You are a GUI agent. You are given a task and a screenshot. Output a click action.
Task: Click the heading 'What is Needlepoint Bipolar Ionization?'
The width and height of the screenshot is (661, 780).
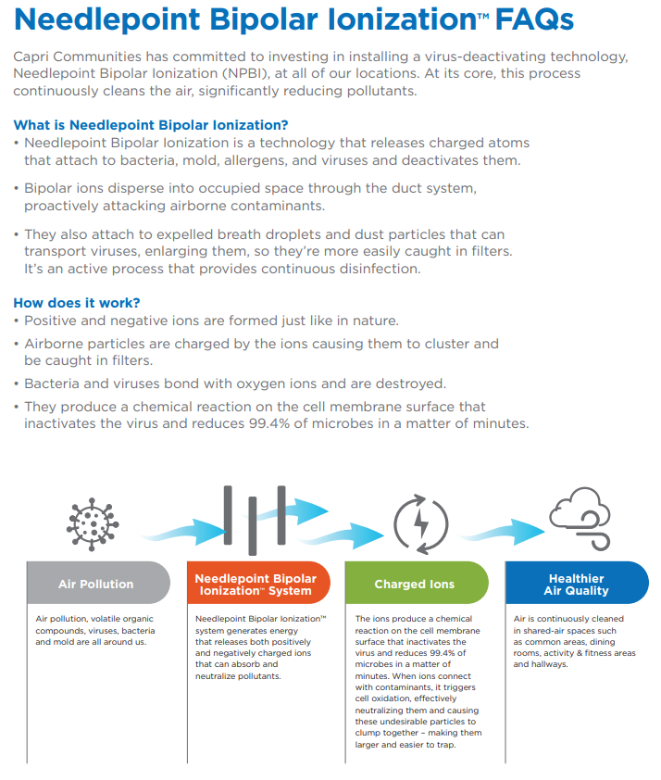click(x=151, y=125)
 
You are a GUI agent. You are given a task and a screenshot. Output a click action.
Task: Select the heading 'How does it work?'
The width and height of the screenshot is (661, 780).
click(x=77, y=303)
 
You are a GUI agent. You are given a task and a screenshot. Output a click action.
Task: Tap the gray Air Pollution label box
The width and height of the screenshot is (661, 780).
click(x=96, y=584)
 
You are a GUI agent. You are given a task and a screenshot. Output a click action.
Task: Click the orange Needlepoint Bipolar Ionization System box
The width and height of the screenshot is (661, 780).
click(x=256, y=584)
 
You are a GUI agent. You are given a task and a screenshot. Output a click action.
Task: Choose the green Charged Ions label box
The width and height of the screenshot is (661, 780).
click(x=414, y=584)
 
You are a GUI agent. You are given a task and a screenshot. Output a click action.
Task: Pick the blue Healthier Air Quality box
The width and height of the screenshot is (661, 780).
click(x=575, y=584)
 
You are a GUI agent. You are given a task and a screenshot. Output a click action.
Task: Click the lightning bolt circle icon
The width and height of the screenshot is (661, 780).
click(x=420, y=525)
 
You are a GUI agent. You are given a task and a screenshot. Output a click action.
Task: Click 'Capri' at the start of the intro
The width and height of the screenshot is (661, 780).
click(x=33, y=57)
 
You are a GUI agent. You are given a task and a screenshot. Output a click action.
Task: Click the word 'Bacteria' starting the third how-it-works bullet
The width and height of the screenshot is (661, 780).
click(x=53, y=384)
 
